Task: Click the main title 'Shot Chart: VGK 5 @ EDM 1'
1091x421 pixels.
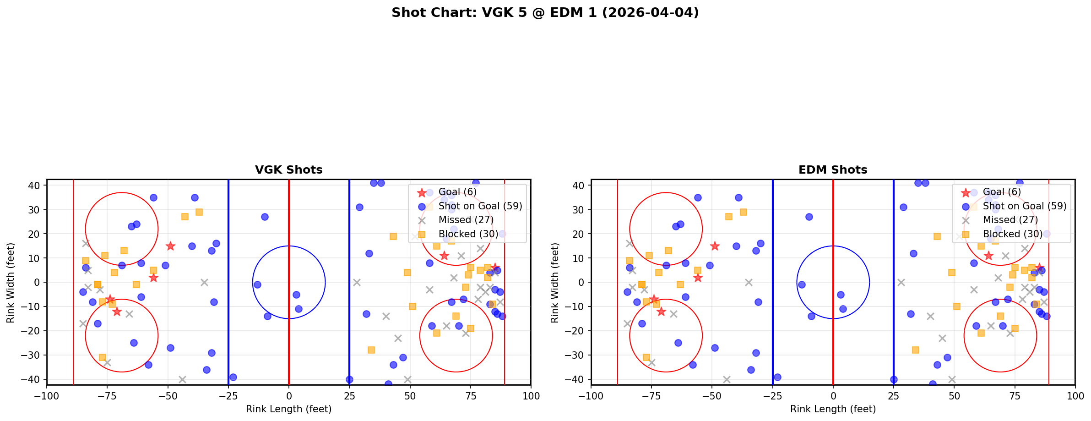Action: [545, 13]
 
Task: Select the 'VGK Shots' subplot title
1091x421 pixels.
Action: [288, 170]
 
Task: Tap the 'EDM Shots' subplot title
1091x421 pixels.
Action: [833, 170]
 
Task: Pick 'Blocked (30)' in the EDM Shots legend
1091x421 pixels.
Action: [1013, 234]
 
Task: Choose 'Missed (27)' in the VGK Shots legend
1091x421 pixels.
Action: [466, 220]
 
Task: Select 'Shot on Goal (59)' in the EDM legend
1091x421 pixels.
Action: [1025, 206]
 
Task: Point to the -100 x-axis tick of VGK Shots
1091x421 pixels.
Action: [47, 396]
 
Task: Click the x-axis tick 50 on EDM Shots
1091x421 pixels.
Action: [954, 396]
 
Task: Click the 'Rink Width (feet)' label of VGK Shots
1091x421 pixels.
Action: [11, 283]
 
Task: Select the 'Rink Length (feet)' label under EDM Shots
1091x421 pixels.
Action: [833, 409]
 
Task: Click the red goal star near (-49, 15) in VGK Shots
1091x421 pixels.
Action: [170, 246]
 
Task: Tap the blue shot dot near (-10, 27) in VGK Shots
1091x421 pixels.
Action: [265, 217]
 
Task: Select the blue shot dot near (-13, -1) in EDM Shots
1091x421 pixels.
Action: [802, 284]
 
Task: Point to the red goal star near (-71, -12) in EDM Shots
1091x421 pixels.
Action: [661, 312]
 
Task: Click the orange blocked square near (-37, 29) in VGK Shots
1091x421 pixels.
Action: [199, 212]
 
